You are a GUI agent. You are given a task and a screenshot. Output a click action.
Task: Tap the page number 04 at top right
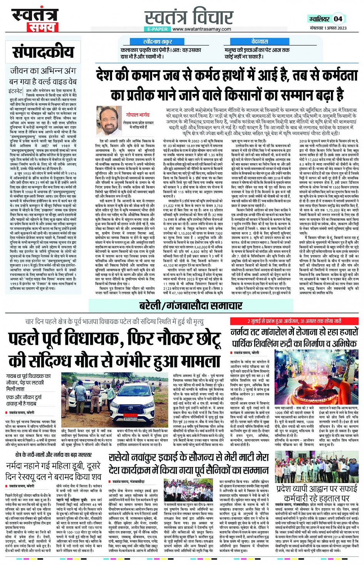[338, 18]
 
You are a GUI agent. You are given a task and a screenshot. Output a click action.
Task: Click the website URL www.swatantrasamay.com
[201, 29]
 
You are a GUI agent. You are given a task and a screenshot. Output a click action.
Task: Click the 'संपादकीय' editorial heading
[43, 52]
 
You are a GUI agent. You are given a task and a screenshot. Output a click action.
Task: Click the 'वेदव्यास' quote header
[260, 42]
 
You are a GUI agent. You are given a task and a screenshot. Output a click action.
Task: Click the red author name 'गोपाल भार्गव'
[138, 115]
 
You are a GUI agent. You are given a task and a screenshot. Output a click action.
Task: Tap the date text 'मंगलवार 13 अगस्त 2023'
[328, 28]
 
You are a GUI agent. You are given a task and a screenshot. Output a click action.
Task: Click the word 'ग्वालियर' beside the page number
[319, 19]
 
